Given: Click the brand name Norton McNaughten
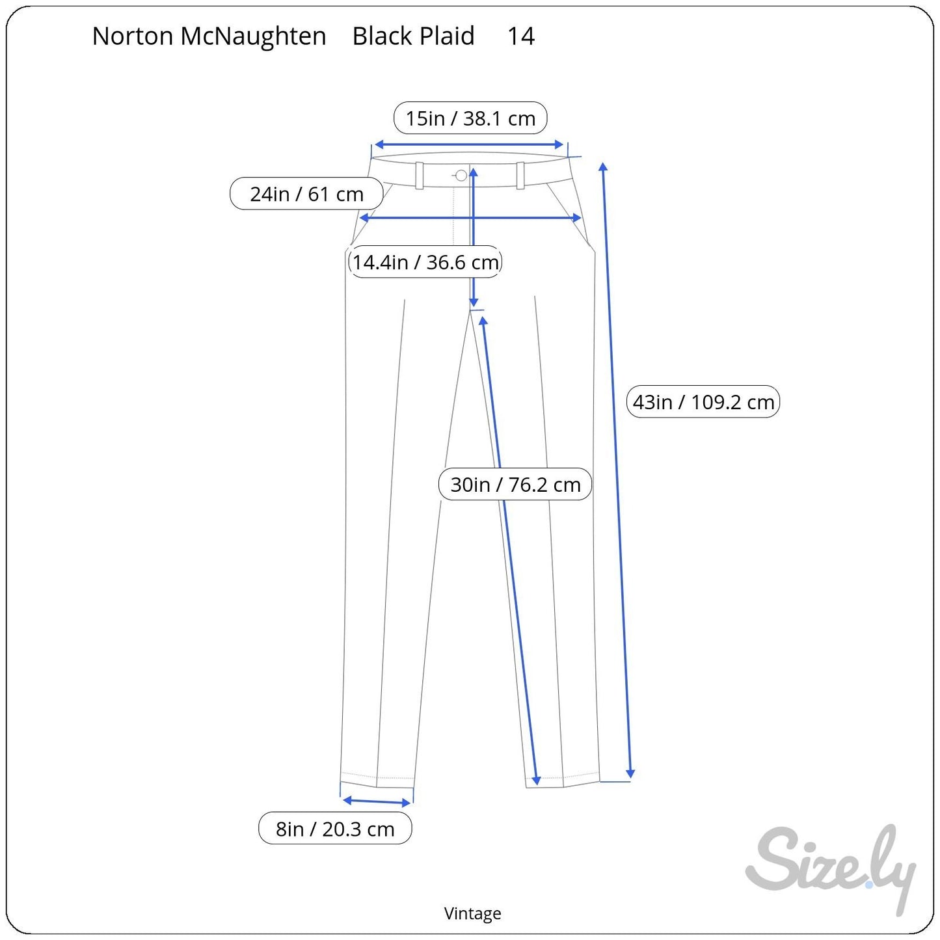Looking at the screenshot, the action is pos(209,36).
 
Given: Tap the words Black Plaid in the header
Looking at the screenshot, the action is pos(413,36).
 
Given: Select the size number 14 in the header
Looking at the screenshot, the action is pos(521,36).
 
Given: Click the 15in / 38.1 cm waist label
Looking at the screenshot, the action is pos(470,118).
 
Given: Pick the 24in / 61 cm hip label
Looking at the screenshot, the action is pos(306,194).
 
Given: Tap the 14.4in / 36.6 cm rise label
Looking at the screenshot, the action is pos(425,262).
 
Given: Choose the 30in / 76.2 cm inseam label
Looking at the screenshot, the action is pos(515,485).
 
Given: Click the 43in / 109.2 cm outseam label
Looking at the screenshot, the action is pos(703,402).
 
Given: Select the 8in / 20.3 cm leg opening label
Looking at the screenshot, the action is pos(335,829).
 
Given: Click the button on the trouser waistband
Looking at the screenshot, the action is pos(461,175).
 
